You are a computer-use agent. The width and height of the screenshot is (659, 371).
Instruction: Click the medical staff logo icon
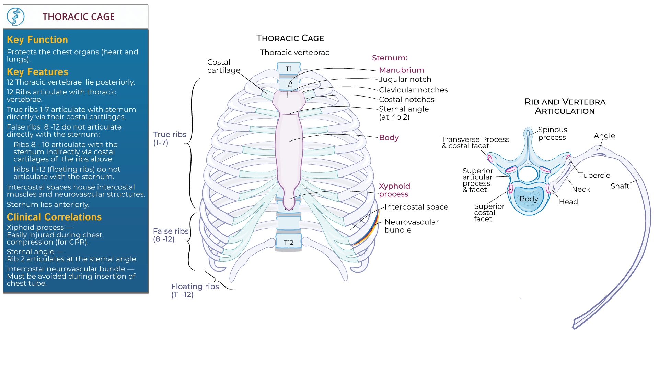point(15,16)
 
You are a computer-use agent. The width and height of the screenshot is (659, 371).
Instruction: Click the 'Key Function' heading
point(37,40)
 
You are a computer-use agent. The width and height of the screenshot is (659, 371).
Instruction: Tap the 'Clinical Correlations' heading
point(54,217)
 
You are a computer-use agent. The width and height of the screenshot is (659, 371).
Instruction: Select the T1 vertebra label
point(289,69)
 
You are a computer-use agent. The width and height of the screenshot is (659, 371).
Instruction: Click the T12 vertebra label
point(289,243)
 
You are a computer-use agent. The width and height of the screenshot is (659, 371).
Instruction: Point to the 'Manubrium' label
point(401,70)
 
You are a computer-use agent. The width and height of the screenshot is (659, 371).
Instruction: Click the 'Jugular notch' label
point(405,79)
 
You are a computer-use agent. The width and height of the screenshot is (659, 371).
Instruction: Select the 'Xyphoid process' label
point(394,190)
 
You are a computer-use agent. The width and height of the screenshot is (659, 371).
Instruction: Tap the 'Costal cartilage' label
point(223,66)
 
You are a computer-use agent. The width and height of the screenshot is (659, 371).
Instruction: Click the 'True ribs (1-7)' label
point(170,138)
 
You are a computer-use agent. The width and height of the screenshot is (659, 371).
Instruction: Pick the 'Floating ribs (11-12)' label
point(195,290)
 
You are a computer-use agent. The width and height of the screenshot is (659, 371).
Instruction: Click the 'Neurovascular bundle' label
point(411,226)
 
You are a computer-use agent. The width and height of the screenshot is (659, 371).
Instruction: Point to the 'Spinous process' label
point(552,133)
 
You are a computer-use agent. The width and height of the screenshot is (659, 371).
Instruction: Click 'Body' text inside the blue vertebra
point(529,199)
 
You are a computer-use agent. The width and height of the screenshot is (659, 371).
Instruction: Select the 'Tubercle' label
point(594,175)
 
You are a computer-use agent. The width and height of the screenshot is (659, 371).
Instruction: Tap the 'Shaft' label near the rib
point(620,186)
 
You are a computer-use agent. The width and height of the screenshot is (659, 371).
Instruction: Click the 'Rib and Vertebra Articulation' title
point(565,106)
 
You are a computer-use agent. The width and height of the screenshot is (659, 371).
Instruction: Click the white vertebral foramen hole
point(528,174)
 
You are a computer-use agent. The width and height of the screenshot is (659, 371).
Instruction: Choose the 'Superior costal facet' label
point(489,212)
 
